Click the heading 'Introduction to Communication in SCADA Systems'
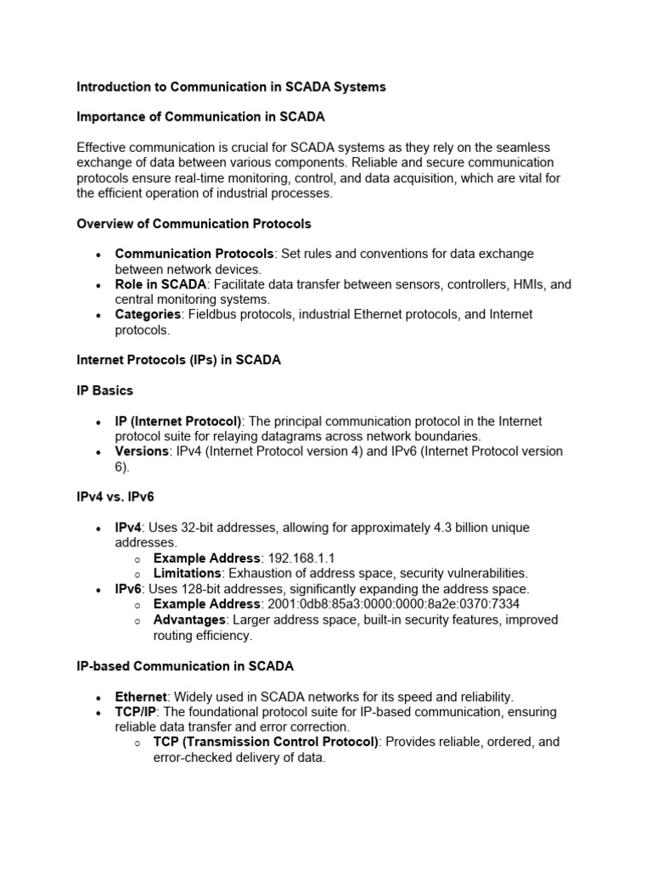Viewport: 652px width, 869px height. tap(231, 87)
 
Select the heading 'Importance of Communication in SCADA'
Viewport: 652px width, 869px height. tap(200, 116)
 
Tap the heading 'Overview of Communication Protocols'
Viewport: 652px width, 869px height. tap(194, 224)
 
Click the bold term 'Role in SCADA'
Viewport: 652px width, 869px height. tap(160, 284)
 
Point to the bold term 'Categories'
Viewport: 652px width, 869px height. tap(148, 315)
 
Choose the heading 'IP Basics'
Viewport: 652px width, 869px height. tap(104, 390)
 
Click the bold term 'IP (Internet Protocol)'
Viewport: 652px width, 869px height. tap(178, 421)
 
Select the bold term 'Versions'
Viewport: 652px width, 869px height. tap(142, 451)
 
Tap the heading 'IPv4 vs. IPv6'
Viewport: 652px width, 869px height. tap(115, 496)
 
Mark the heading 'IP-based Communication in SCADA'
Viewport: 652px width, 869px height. tap(185, 666)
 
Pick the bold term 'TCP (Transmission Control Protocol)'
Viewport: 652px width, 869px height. tap(266, 742)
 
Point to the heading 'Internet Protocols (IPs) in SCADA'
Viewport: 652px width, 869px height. tap(178, 360)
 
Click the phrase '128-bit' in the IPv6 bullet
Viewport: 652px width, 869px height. tap(207, 589)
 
